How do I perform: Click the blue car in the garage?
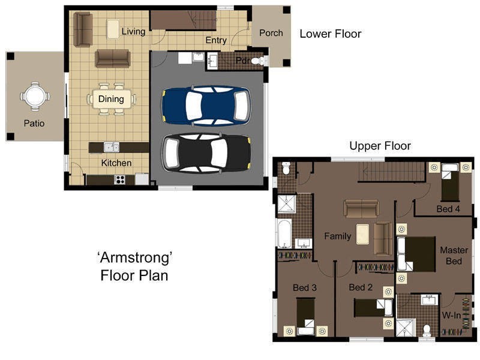[x=206, y=106]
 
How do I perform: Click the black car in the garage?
[x=206, y=153]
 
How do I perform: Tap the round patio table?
[x=35, y=96]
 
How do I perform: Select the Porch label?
[x=271, y=33]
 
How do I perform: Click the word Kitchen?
[x=116, y=163]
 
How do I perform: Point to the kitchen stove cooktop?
[x=119, y=179]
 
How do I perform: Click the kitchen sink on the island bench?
[x=112, y=147]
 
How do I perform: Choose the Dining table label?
[x=111, y=99]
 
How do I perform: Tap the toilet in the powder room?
[x=257, y=61]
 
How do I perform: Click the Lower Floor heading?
[x=331, y=34]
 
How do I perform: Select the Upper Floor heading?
[x=380, y=146]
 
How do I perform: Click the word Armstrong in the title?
[x=135, y=258]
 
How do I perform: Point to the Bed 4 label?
[x=448, y=209]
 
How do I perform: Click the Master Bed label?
[x=454, y=256]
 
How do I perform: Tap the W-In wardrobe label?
[x=452, y=315]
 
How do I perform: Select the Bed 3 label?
[x=305, y=287]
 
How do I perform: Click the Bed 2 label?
[x=361, y=287]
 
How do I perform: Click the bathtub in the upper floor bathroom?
[x=284, y=233]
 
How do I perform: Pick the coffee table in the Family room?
[x=362, y=234]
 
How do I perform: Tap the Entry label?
[x=216, y=40]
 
